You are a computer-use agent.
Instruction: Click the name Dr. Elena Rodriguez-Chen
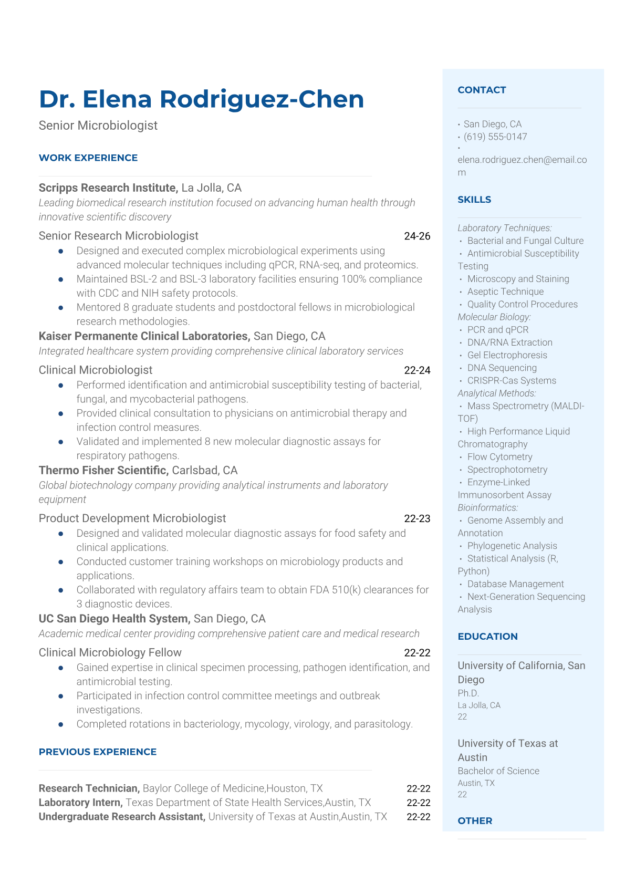click(x=201, y=99)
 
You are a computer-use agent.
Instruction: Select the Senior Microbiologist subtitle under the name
click(x=98, y=126)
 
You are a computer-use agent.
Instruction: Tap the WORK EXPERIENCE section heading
click(x=88, y=158)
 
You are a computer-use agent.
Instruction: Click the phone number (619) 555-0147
click(x=495, y=137)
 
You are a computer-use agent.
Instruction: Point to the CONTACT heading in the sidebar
click(x=482, y=90)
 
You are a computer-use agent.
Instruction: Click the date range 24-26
click(x=417, y=236)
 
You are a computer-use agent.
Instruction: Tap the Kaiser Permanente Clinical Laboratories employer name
click(x=144, y=336)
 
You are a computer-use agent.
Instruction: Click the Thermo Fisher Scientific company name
click(x=103, y=471)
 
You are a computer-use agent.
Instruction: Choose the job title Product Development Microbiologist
click(x=132, y=518)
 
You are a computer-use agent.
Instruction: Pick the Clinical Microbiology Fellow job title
click(x=110, y=653)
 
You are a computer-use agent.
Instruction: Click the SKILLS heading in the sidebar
click(x=474, y=200)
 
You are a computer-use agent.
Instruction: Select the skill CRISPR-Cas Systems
click(x=512, y=381)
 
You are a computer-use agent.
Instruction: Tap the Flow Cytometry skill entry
click(x=499, y=457)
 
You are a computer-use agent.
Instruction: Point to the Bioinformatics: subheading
click(x=488, y=508)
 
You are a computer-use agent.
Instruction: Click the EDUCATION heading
click(x=487, y=637)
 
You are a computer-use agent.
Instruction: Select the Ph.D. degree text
click(x=468, y=693)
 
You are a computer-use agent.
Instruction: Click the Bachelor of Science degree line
click(x=498, y=771)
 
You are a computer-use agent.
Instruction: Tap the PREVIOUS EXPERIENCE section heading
click(x=98, y=752)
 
